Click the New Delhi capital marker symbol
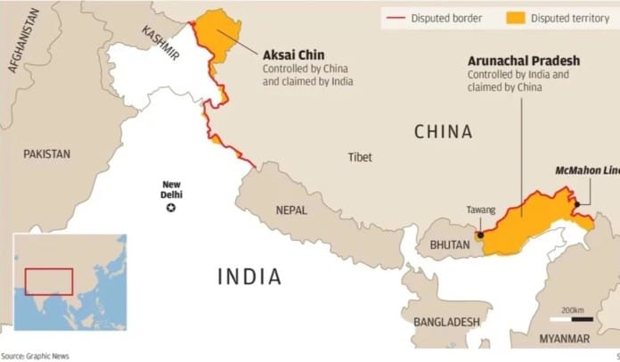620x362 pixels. tap(172, 208)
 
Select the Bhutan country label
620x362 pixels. tap(447, 243)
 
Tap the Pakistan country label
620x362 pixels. tap(47, 153)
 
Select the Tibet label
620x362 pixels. tap(361, 157)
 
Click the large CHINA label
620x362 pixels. tap(443, 132)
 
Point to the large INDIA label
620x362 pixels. tap(249, 276)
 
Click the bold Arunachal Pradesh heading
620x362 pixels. tap(524, 61)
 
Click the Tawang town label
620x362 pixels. tap(480, 210)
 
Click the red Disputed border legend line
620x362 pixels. tap(396, 18)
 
